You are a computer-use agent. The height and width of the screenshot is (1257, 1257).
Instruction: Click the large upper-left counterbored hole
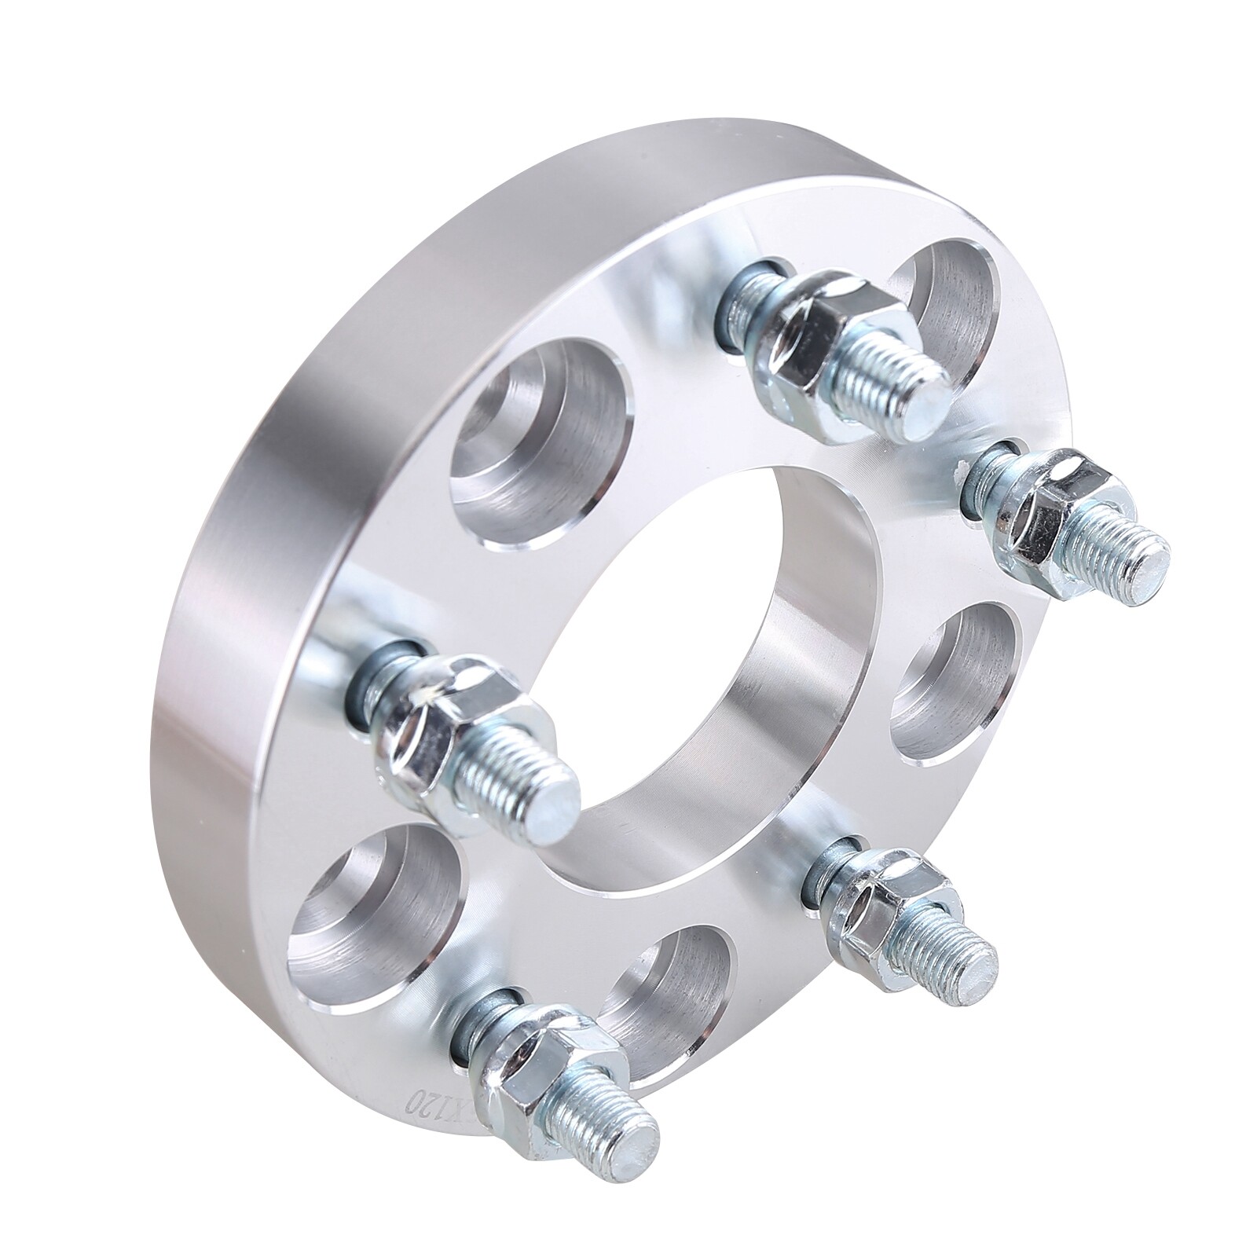[x=542, y=440]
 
